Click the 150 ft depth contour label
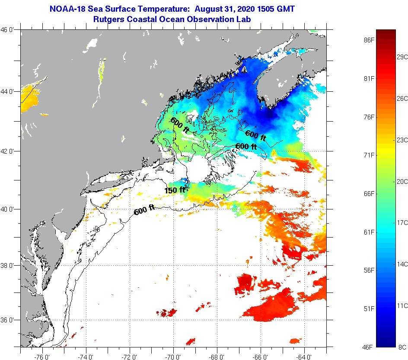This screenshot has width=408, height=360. point(175,190)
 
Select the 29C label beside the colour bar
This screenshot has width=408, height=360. point(402,57)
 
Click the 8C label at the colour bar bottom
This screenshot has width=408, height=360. point(402,347)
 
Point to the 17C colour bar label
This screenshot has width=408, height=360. point(402,223)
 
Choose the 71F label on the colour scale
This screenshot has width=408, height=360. point(369,155)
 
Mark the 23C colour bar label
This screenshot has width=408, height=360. point(402,140)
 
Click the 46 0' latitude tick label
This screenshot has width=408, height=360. point(9,30)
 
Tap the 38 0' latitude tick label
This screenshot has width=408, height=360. point(9,265)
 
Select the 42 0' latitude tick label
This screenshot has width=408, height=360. point(9,151)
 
